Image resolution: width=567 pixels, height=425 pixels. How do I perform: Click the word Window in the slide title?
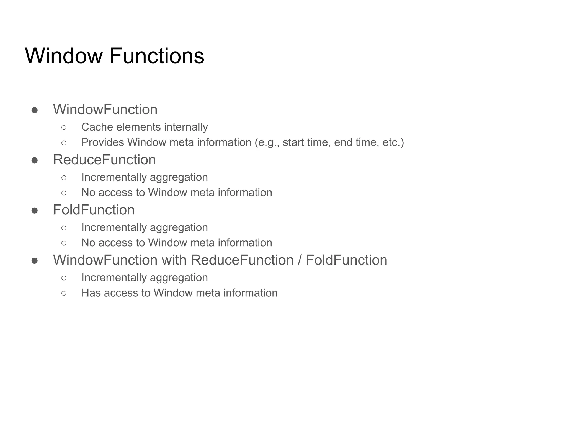[64, 56]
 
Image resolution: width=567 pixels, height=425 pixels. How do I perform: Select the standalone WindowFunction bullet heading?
[105, 110]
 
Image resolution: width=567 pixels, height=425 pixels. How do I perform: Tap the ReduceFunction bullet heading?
[104, 160]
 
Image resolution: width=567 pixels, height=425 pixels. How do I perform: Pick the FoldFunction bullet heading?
[94, 210]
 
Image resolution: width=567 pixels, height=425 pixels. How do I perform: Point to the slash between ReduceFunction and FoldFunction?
[300, 260]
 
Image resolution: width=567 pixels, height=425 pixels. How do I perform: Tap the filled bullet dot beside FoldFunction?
[35, 211]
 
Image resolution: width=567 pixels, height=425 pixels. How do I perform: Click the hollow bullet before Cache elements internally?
[64, 128]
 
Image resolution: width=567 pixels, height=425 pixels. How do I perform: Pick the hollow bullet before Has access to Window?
[64, 293]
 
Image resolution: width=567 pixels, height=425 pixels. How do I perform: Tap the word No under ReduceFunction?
[88, 193]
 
